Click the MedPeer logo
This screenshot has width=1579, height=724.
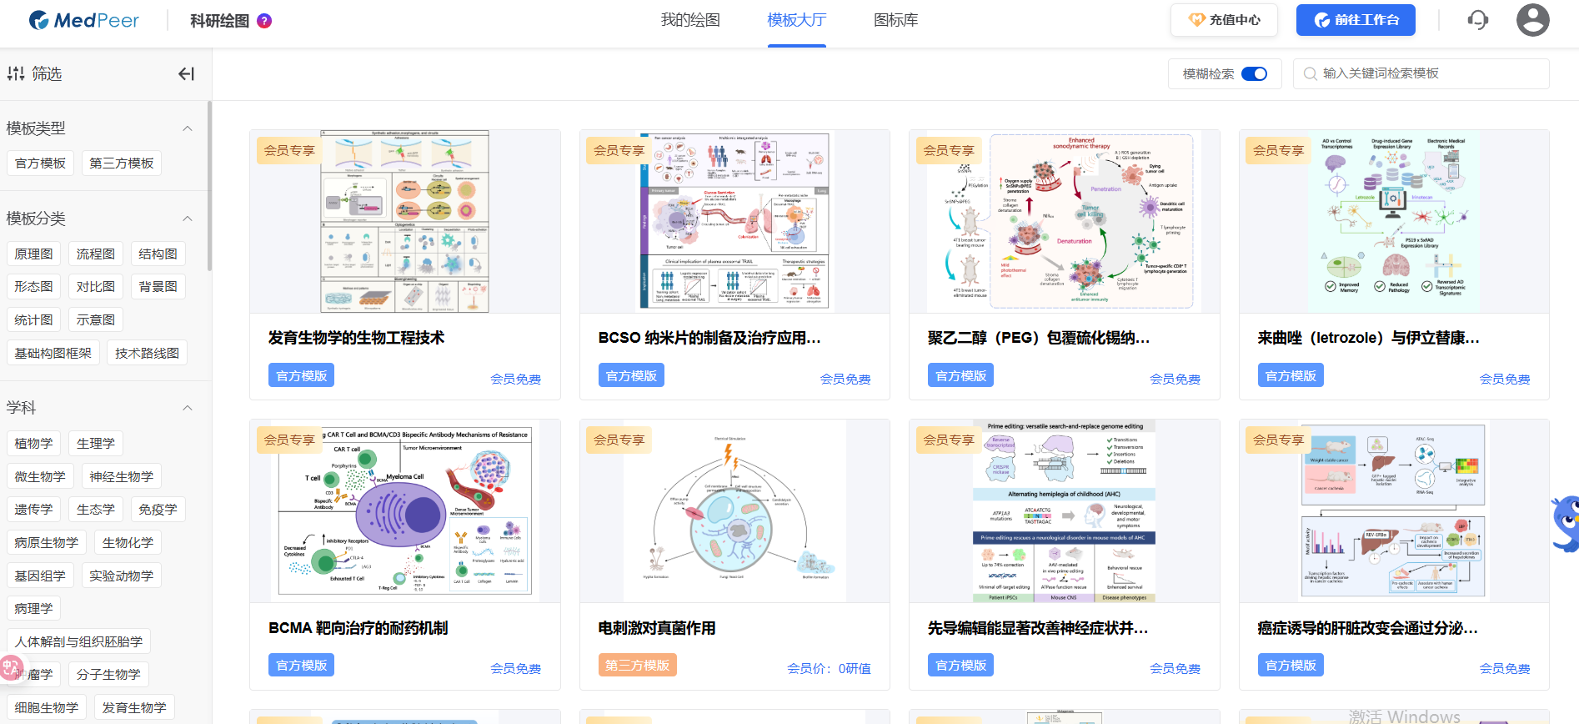coord(84,20)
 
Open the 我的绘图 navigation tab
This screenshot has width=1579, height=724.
coord(689,20)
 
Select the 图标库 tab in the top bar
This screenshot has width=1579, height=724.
coord(895,20)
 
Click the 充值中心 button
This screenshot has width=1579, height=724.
coord(1224,20)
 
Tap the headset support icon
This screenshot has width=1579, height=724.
coord(1477,20)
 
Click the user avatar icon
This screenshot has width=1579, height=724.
coord(1532,20)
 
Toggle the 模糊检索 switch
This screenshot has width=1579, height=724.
coord(1254,74)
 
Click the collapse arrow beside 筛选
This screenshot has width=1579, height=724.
coord(186,74)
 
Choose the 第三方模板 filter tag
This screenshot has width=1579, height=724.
coord(122,163)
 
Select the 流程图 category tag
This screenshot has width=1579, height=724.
coord(96,254)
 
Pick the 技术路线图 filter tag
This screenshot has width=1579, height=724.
coord(147,353)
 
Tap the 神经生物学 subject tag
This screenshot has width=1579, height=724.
coord(122,476)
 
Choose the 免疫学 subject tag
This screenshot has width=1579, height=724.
coord(158,510)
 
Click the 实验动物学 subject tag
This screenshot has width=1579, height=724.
coord(122,576)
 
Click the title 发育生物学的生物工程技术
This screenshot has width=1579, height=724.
coord(356,338)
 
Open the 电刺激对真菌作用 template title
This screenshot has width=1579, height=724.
coord(657,628)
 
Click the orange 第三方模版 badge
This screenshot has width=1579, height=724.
coord(637,665)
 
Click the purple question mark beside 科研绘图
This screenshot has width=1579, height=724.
coord(264,21)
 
